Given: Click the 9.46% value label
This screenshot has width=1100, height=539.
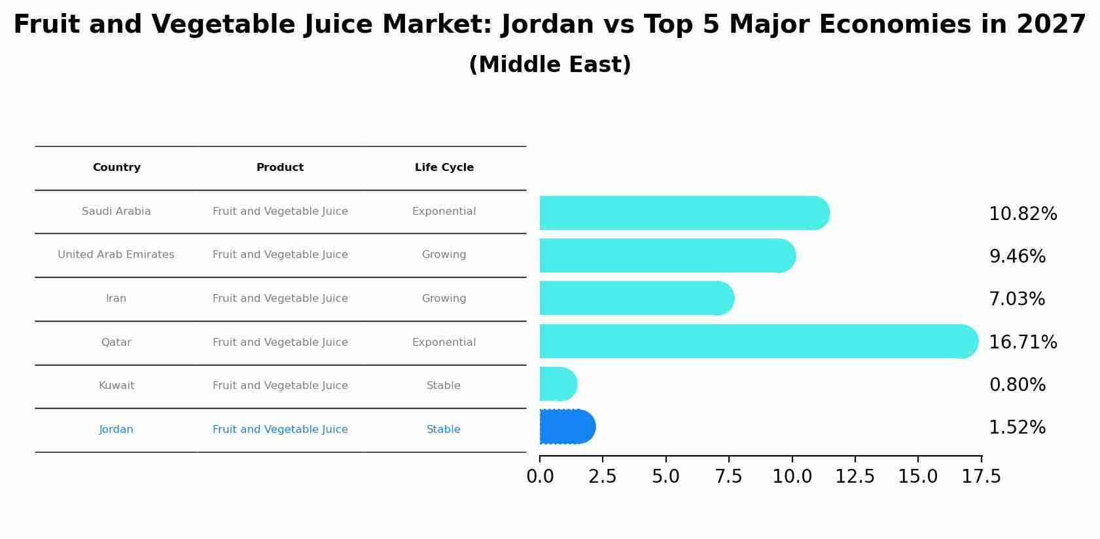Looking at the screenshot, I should point(1017,256).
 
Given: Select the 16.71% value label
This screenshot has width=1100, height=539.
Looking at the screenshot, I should point(1023,342).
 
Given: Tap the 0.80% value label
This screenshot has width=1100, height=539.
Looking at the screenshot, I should point(1017,384).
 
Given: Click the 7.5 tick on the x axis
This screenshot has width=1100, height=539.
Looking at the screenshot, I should point(728,477).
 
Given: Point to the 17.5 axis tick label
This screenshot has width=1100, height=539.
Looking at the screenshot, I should point(981,477).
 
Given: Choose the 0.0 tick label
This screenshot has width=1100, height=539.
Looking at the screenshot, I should point(540,477).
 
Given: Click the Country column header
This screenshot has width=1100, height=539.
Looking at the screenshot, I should point(116,168).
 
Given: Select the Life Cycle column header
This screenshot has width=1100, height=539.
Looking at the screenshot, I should point(444,168).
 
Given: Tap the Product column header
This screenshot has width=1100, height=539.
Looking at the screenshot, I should point(280,168).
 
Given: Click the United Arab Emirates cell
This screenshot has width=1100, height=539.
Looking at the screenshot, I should point(116,255).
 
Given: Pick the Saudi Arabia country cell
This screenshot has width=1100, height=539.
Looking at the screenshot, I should point(116,212).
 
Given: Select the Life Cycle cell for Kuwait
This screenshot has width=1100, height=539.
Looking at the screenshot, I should point(444,386).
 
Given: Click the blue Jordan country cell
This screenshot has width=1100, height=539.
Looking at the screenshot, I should point(116,430).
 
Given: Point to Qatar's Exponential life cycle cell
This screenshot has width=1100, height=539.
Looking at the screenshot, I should point(444,343).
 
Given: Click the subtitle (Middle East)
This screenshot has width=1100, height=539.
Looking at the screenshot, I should point(550,65).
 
